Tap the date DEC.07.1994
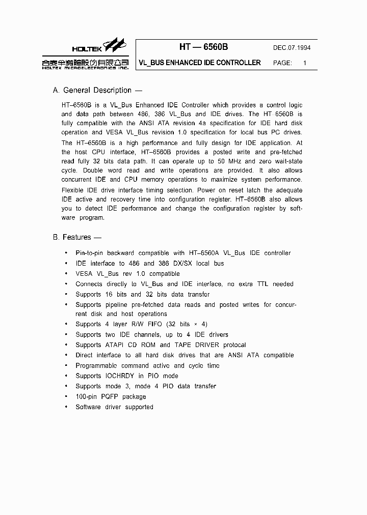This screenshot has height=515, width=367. tap(292, 48)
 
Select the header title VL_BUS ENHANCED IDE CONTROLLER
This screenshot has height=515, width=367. tap(200, 63)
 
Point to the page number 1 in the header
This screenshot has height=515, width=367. tap(305, 63)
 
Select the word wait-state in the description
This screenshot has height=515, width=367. tap(285, 161)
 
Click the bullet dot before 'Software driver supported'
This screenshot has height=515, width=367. tap(66, 407)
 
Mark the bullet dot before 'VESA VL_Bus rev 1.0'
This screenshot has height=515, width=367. tap(66, 274)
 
